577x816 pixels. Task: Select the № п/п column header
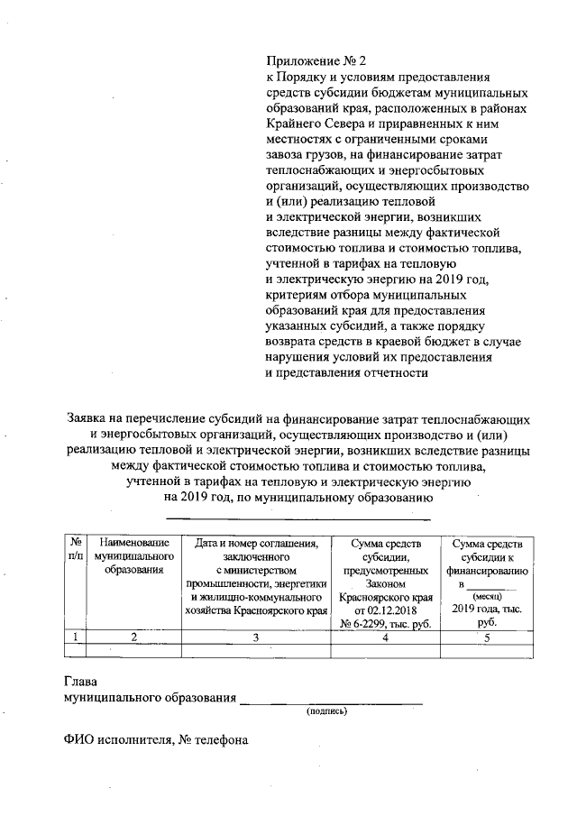[76, 549]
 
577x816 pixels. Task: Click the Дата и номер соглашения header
[257, 543]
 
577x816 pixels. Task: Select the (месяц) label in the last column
[486, 597]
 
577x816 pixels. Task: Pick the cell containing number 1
[76, 637]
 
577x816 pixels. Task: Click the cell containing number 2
[134, 637]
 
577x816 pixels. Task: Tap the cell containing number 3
[256, 637]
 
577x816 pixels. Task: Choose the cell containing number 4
[386, 637]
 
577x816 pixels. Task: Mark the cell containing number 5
[487, 637]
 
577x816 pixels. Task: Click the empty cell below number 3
[256, 651]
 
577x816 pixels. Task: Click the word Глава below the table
[80, 683]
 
